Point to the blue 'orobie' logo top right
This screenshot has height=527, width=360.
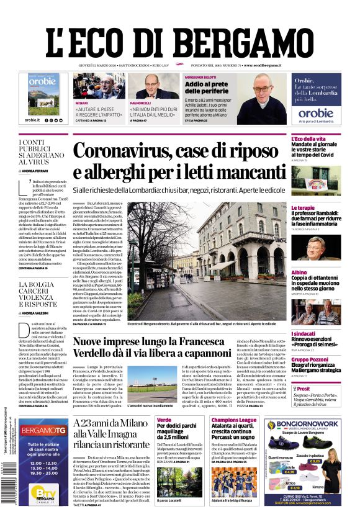298,113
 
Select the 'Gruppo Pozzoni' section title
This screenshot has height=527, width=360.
309,359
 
